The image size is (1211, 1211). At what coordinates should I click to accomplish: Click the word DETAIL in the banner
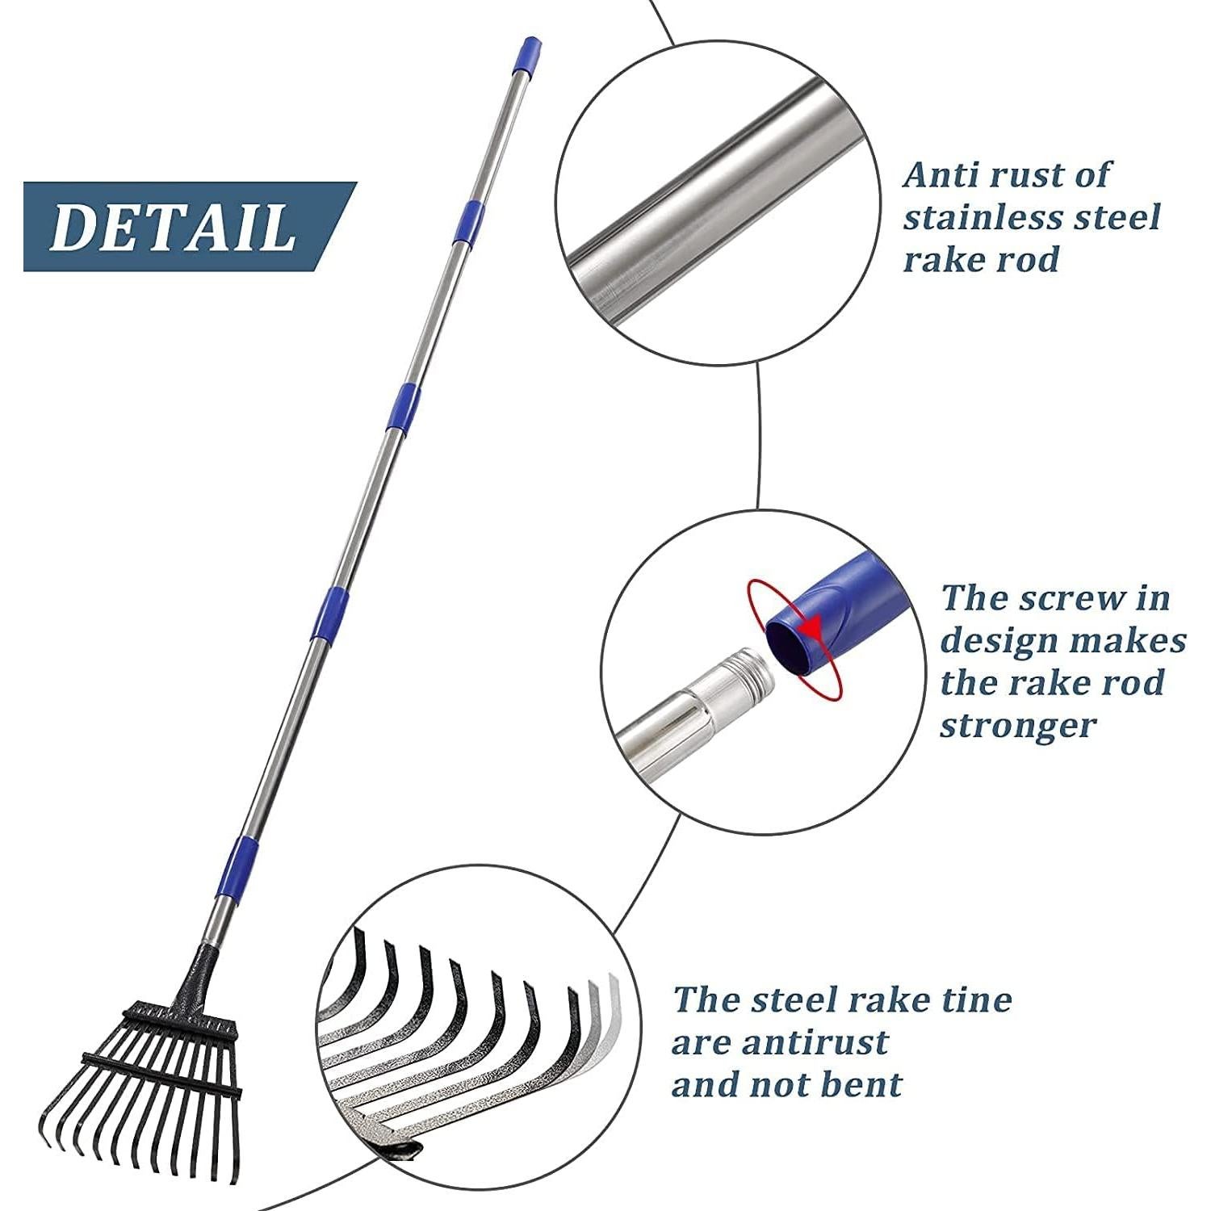[x=172, y=227]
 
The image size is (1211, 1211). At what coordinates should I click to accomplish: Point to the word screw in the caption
[x=1071, y=599]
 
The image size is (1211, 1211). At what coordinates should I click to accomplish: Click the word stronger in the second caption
[x=1018, y=725]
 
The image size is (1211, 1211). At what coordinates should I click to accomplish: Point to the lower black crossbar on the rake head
[x=161, y=1075]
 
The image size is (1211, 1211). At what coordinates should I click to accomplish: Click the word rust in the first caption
[x=1019, y=175]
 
